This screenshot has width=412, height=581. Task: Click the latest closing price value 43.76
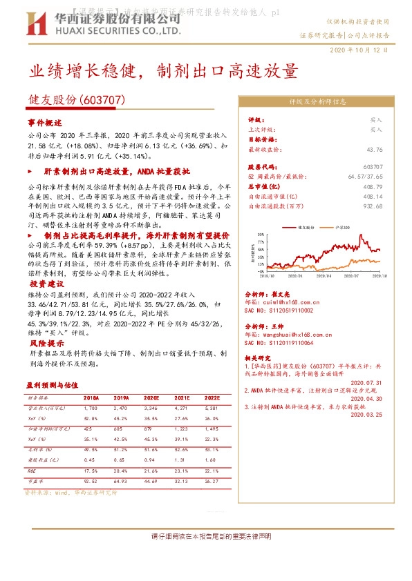click(x=375, y=149)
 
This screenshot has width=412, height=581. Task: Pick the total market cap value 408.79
click(x=373, y=186)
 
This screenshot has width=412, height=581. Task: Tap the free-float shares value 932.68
click(x=373, y=206)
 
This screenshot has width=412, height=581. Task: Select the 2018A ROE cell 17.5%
click(x=91, y=471)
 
